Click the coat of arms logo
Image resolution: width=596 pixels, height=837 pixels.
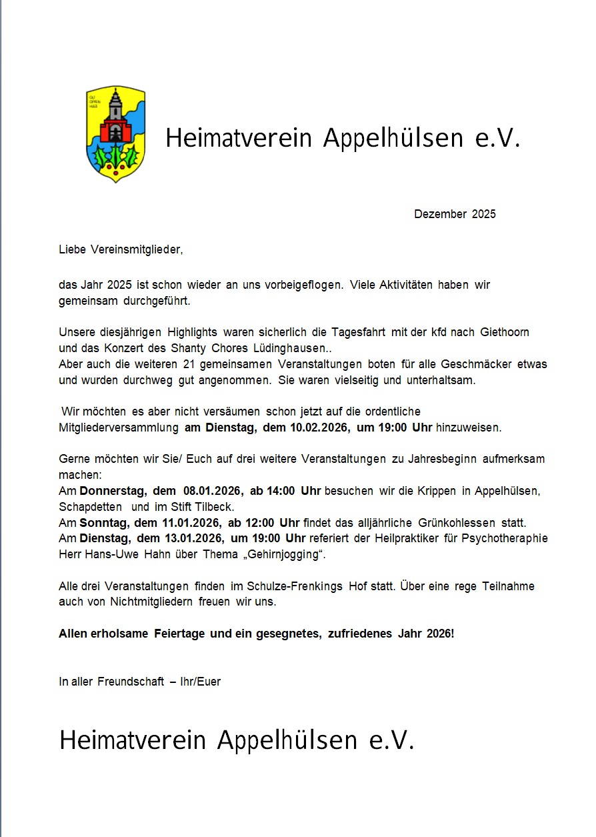click(x=115, y=133)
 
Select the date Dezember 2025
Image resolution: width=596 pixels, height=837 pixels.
click(x=455, y=214)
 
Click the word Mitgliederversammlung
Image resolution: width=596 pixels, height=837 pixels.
click(x=118, y=428)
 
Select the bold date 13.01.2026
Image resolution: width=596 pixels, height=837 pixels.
click(x=191, y=538)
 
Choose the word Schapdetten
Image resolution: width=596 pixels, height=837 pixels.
click(x=91, y=507)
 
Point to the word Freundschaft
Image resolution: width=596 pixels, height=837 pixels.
click(x=131, y=682)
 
